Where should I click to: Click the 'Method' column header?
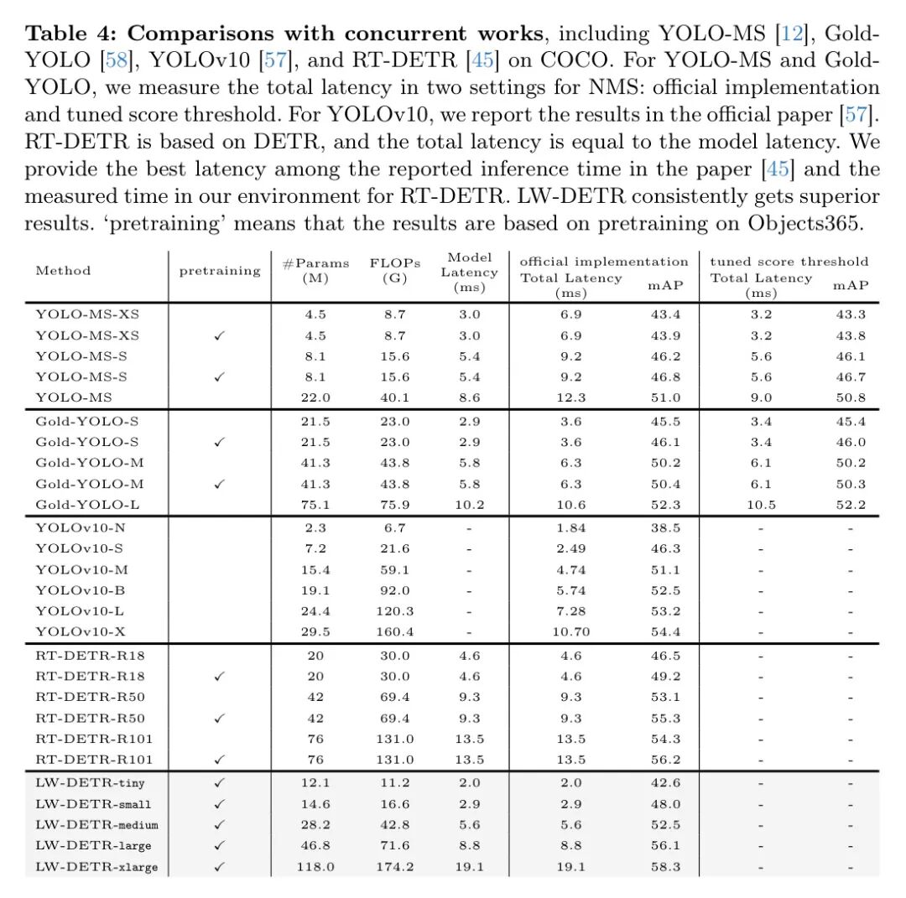coord(63,271)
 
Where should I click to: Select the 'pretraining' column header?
coord(220,271)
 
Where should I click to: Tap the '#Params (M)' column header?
coord(315,270)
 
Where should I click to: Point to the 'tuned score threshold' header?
coord(789,262)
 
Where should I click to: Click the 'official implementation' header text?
coord(604,262)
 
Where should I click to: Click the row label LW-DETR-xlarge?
coord(96,867)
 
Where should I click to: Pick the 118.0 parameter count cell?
coord(315,867)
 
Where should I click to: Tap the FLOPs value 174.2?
coord(394,867)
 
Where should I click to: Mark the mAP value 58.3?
coord(665,867)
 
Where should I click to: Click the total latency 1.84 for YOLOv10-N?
coord(570,528)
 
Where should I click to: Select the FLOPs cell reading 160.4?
coord(394,632)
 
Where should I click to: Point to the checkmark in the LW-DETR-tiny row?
coord(220,782)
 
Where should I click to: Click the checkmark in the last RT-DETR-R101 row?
coord(220,760)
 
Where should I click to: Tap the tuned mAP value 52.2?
coord(850,505)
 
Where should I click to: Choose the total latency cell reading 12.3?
coord(570,397)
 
